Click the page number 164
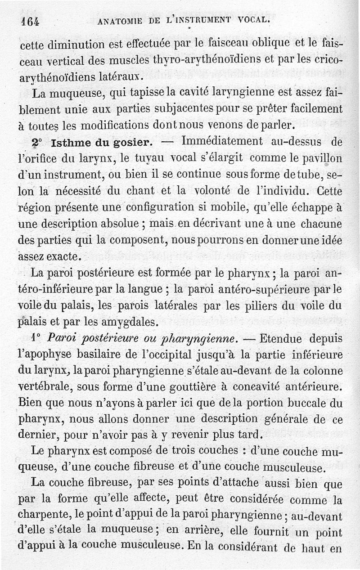tap(30, 21)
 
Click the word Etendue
tap(281, 337)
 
